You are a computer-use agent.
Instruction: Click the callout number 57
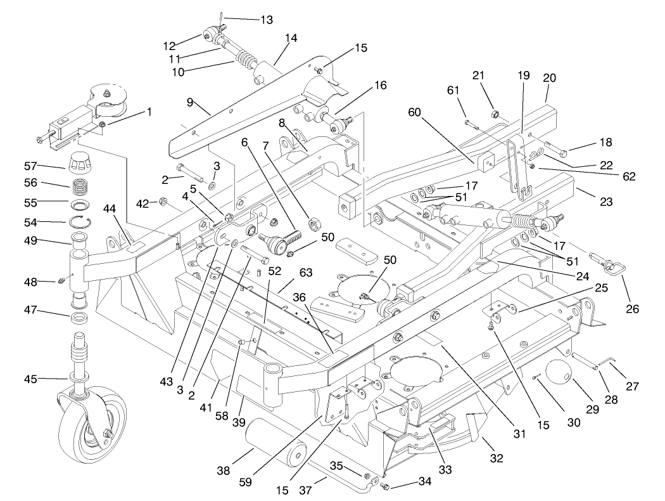[x=47, y=166]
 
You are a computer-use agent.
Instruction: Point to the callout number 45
[x=47, y=379]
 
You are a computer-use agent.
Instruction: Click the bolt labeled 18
[x=557, y=151]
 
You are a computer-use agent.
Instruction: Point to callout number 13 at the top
[x=267, y=20]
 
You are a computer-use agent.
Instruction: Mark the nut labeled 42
[x=161, y=203]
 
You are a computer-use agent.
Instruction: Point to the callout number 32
[x=497, y=458]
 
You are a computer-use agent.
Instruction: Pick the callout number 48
[x=47, y=282]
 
